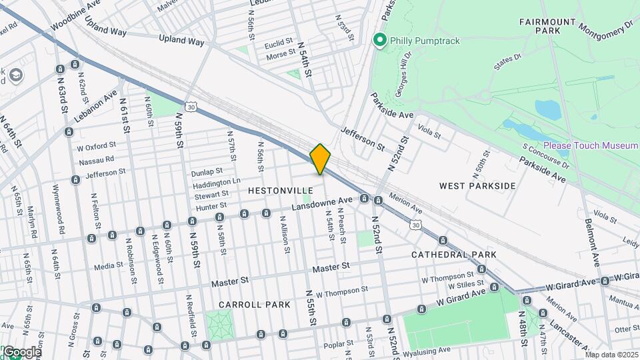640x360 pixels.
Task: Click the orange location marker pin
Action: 321,159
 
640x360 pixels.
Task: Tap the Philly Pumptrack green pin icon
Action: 381,41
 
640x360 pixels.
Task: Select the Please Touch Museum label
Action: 591,145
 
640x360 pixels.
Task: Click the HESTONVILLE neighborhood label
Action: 280,191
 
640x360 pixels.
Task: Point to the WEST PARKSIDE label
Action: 477,185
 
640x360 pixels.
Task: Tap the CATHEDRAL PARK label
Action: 453,255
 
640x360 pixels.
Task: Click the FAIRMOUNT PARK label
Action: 547,27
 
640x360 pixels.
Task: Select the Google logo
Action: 21,352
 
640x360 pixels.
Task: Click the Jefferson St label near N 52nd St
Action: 363,137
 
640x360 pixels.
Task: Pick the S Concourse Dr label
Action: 545,156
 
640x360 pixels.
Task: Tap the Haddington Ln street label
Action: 216,182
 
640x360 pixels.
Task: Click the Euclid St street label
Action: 279,44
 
